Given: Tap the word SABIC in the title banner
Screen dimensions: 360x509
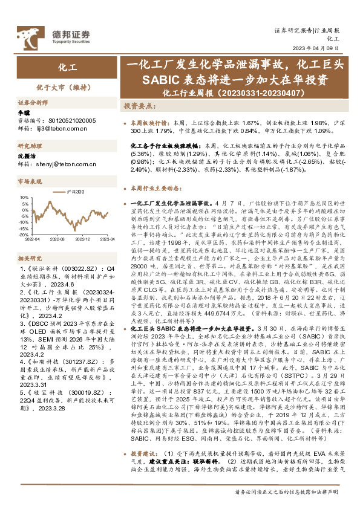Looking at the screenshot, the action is tap(159, 80).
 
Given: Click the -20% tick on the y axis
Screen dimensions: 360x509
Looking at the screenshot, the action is tap(24, 236).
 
